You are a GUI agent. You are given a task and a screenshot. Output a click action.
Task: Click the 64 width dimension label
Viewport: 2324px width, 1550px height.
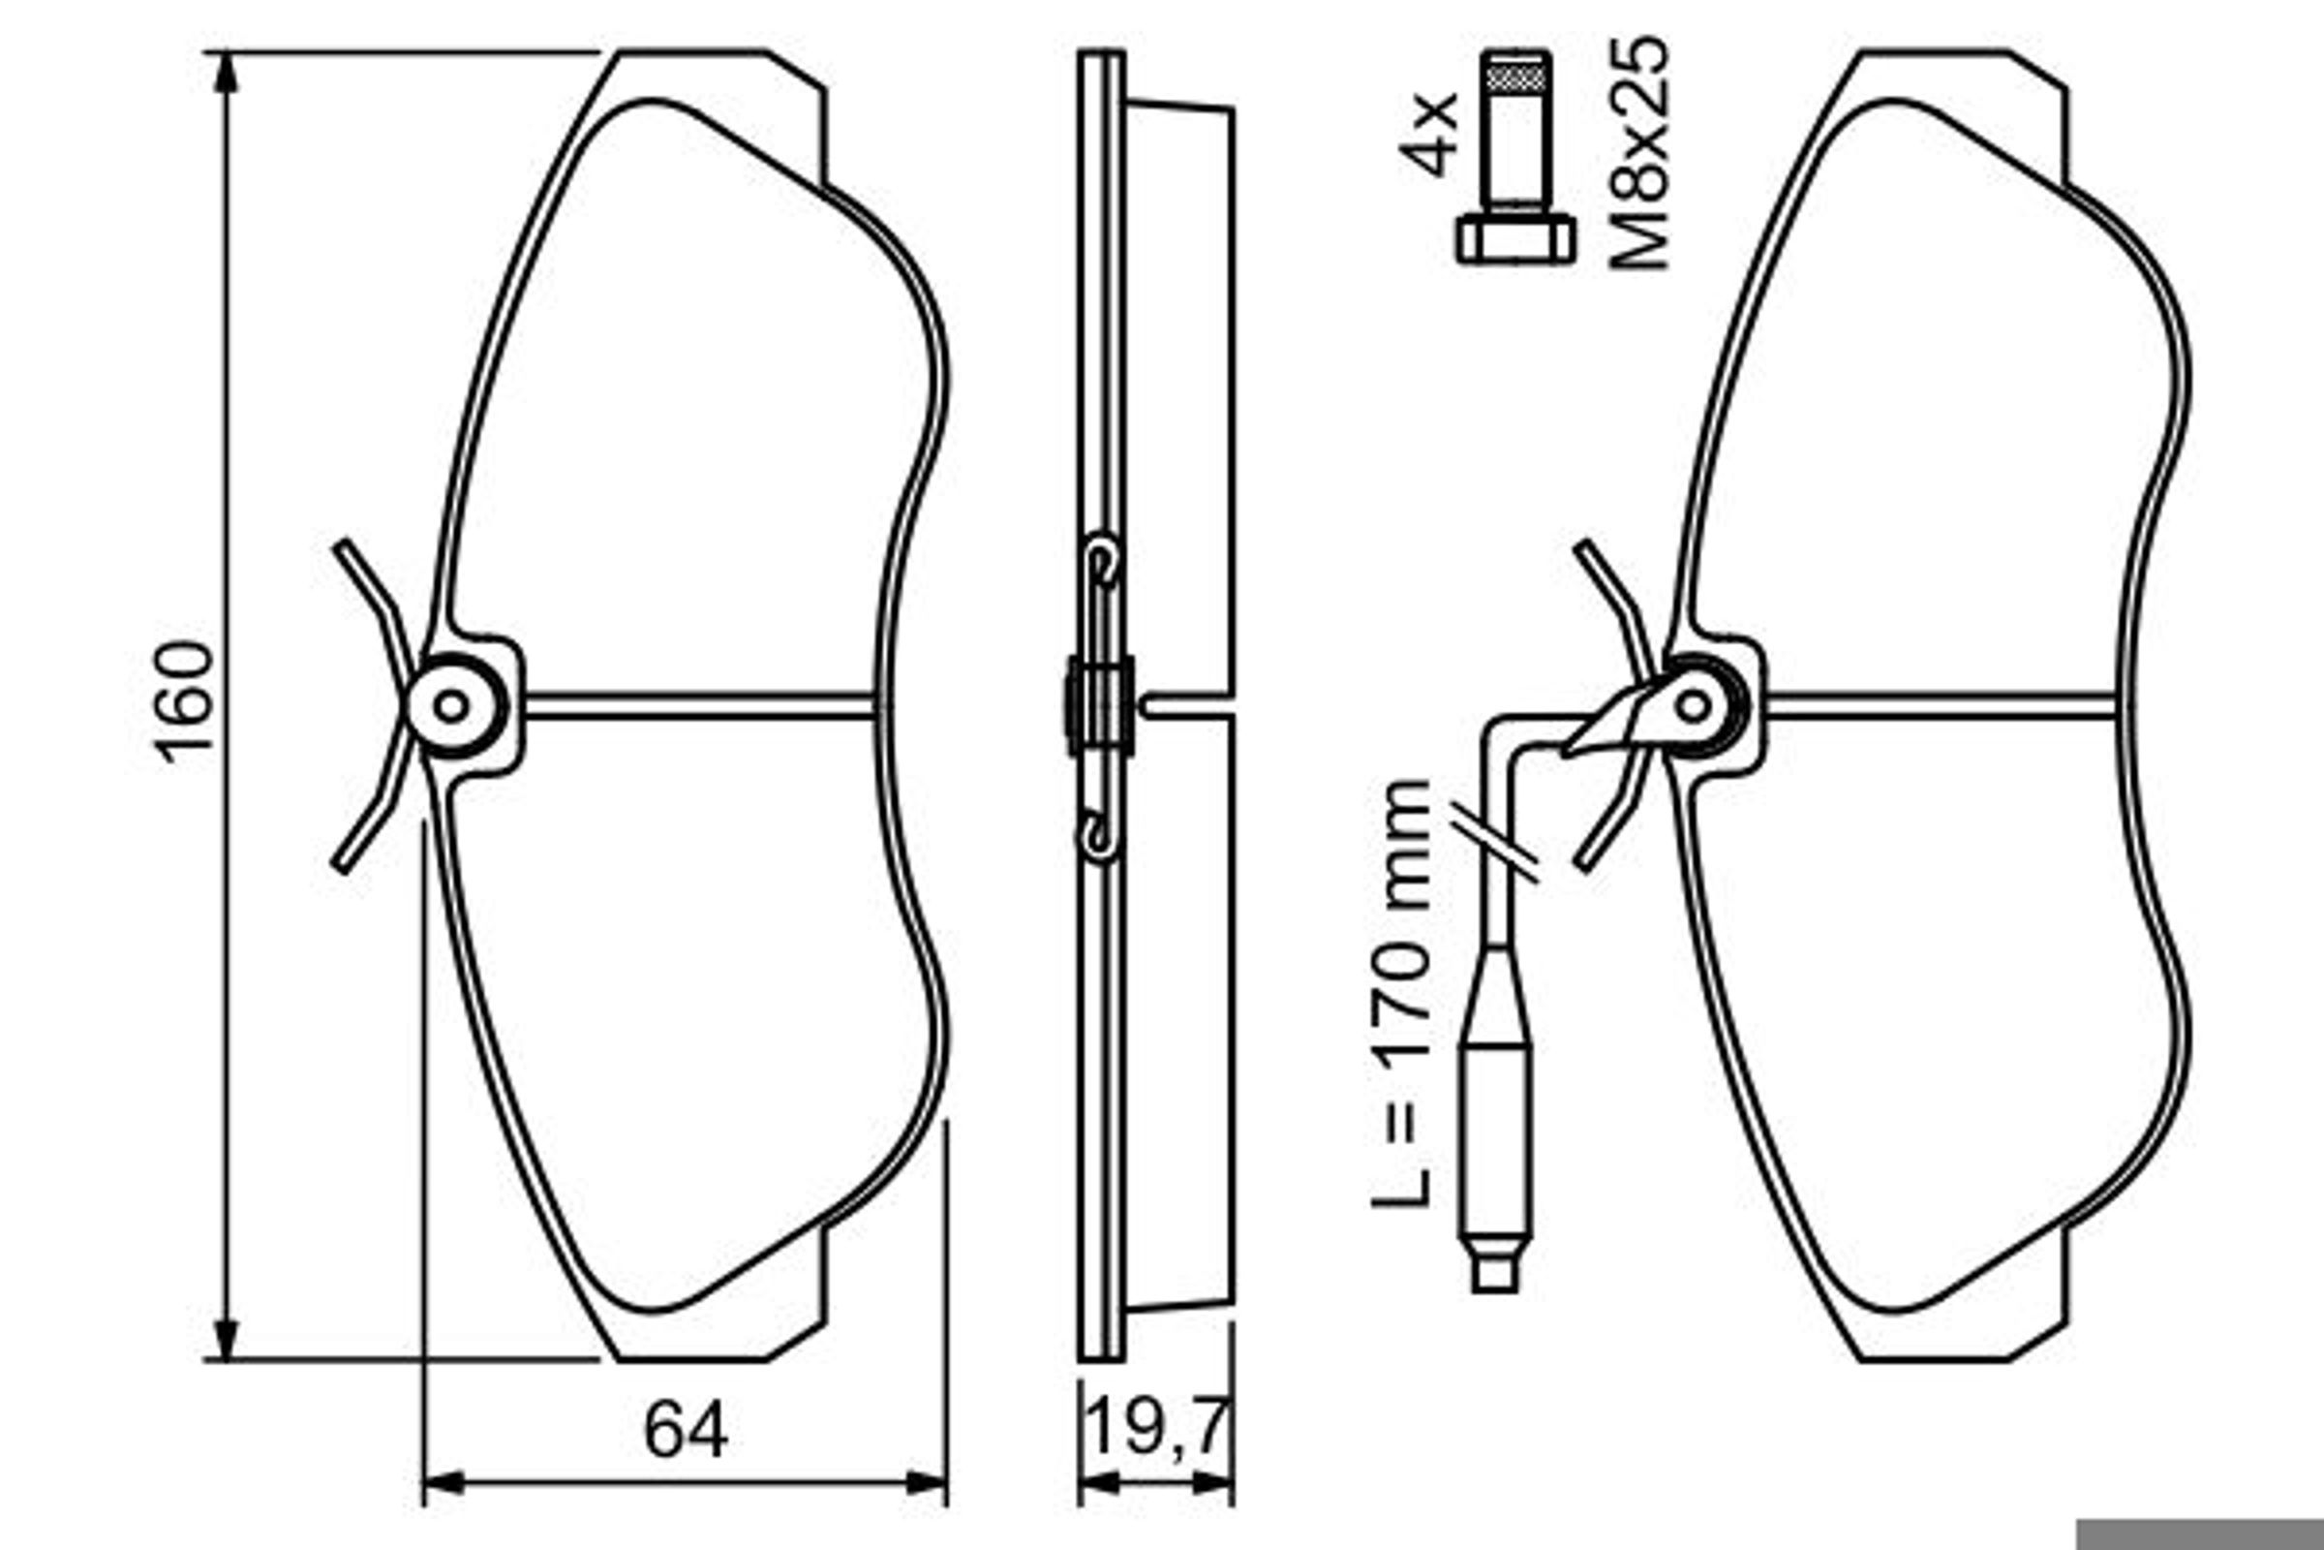coord(686,1431)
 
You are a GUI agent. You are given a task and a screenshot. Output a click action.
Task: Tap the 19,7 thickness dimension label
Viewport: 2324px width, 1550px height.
coord(1157,1426)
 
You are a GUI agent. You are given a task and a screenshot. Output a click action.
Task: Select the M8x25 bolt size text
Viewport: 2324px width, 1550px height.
coord(1638,154)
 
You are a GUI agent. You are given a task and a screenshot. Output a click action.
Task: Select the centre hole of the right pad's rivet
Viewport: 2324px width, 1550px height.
coord(1693,706)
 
